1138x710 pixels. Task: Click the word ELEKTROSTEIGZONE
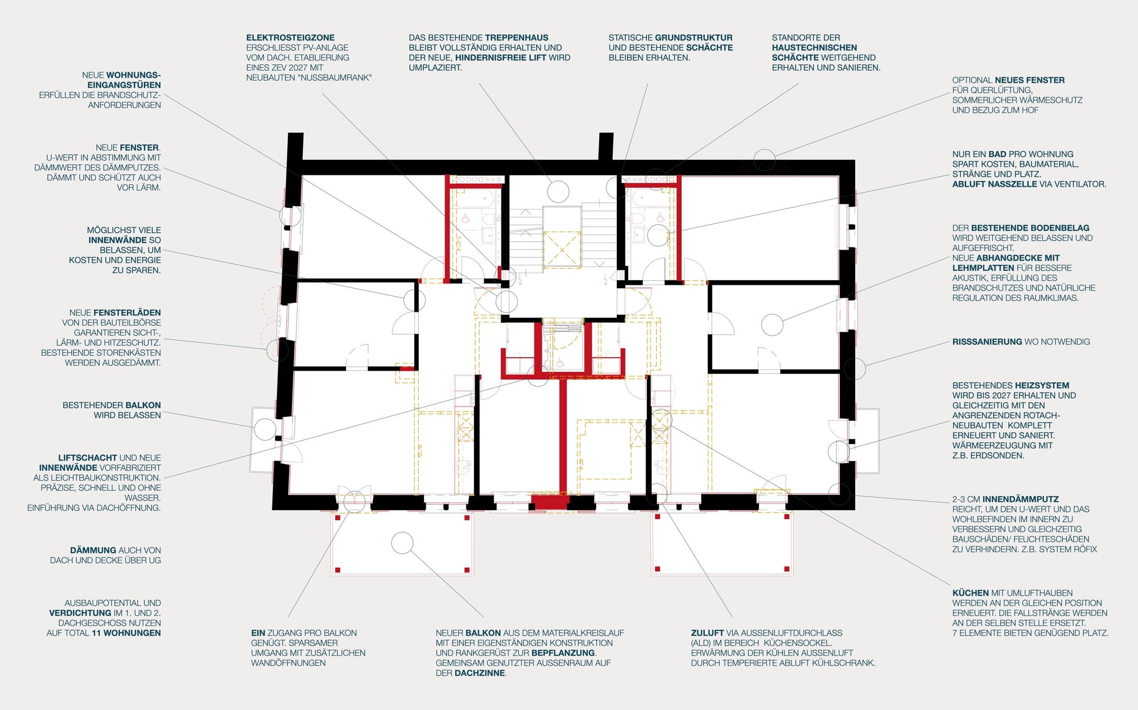(x=290, y=38)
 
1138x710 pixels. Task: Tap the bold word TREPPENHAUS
(x=517, y=38)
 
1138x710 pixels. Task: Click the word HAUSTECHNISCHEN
(x=814, y=48)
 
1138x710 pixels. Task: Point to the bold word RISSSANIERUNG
(x=987, y=342)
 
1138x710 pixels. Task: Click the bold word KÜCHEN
(x=971, y=593)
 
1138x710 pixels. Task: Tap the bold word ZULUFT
(x=707, y=633)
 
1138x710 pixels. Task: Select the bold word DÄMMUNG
(x=93, y=550)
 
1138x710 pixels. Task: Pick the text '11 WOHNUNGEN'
(x=127, y=633)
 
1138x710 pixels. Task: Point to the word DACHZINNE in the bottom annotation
(x=480, y=673)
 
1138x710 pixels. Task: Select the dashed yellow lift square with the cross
(x=562, y=249)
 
